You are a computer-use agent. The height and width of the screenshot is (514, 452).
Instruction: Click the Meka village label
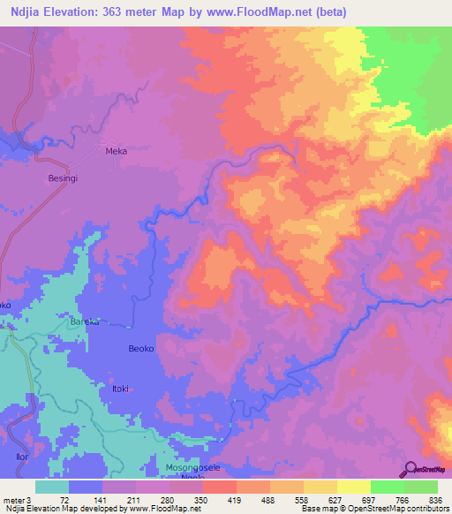pos(117,151)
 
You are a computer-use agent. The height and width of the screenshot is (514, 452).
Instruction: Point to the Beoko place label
pos(141,349)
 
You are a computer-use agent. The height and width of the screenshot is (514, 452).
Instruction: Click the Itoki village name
pos(119,389)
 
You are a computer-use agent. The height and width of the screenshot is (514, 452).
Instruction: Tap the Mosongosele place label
pos(193,465)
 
